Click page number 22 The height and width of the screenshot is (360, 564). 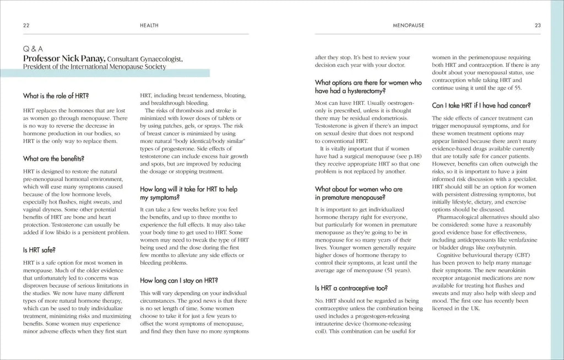click(26, 25)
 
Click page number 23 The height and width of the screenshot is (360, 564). click(538, 25)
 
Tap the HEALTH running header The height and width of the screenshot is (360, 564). click(150, 25)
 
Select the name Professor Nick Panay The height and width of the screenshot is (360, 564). click(64, 58)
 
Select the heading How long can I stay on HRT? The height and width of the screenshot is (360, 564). click(179, 280)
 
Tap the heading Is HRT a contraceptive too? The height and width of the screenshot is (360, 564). click(351, 287)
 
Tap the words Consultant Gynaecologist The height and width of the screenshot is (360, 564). click(142, 59)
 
